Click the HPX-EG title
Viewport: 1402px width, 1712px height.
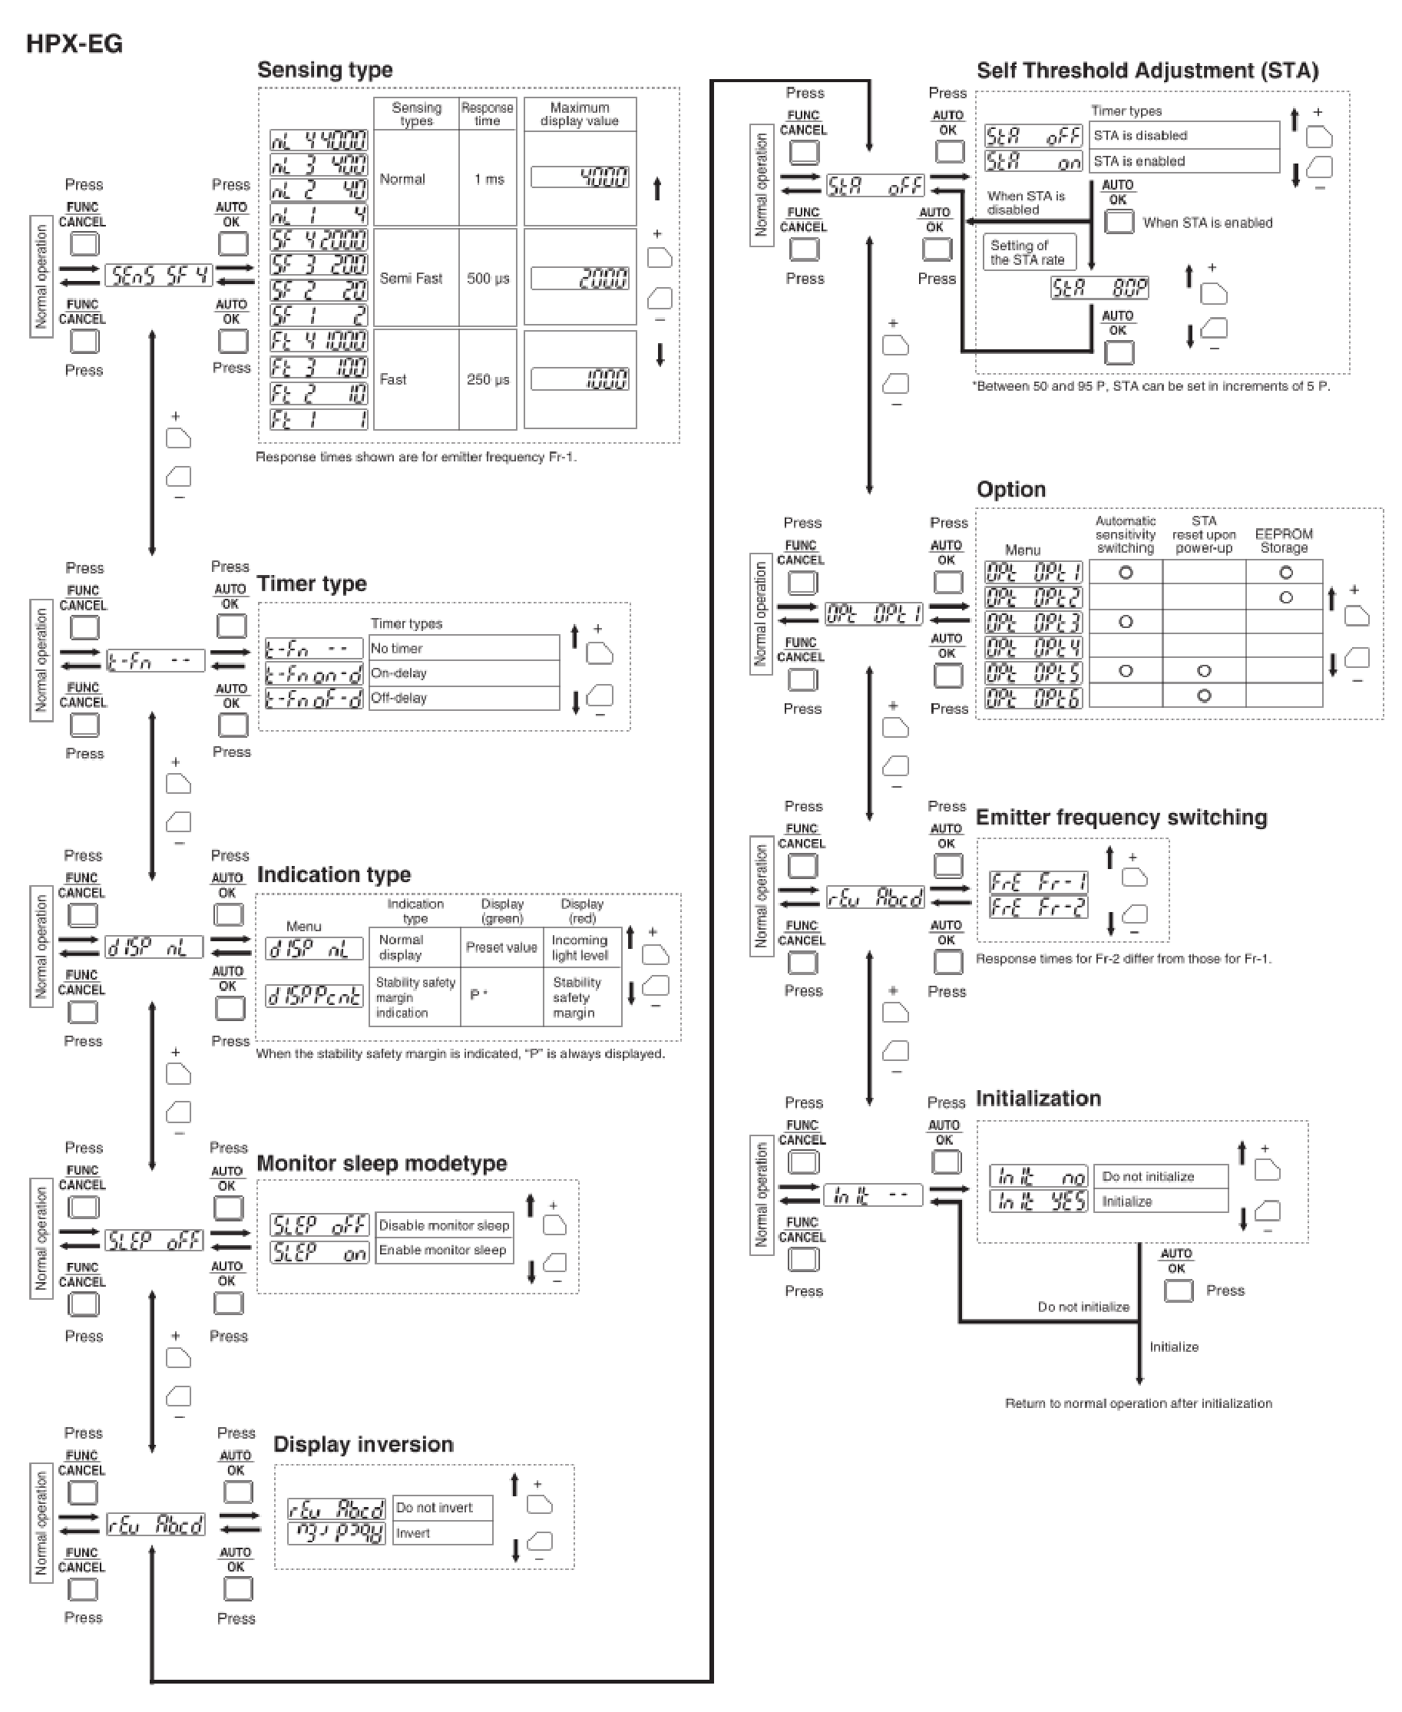point(74,44)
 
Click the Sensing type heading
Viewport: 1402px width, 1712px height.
point(325,71)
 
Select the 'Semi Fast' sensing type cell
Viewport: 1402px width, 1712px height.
point(411,279)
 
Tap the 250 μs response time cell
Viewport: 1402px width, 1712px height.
point(488,379)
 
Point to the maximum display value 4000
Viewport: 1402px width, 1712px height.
point(580,177)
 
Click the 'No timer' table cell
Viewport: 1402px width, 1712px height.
point(463,649)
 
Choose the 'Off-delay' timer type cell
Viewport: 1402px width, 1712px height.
point(463,698)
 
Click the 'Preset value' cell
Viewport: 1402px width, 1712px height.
point(501,947)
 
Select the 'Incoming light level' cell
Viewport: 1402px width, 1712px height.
point(580,947)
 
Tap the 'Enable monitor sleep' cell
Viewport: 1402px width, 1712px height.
point(443,1250)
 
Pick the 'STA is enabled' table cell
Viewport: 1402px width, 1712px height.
point(1184,161)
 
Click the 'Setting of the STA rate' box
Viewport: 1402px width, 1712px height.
point(1028,253)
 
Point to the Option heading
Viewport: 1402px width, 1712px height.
point(1010,489)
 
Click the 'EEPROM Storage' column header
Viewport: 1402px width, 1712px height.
point(1283,541)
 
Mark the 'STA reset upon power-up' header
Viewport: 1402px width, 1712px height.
point(1203,534)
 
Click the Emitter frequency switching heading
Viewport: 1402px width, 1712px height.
point(1121,818)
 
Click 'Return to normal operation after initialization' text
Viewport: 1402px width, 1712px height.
point(1138,1403)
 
